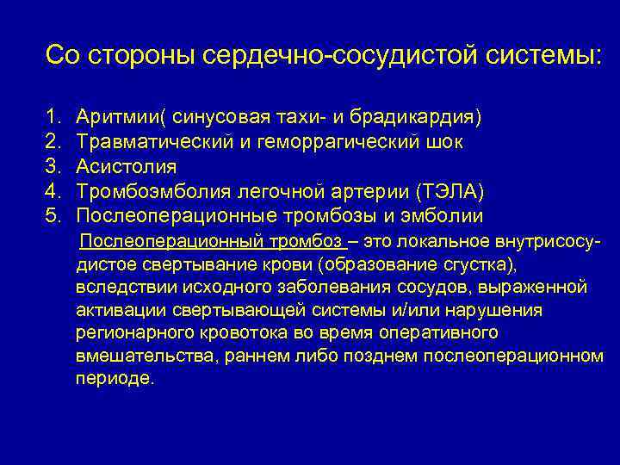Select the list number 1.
(x=53, y=115)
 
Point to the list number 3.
(x=53, y=165)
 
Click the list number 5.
(x=53, y=215)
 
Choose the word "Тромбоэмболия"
(x=142, y=190)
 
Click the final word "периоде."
(x=115, y=379)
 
